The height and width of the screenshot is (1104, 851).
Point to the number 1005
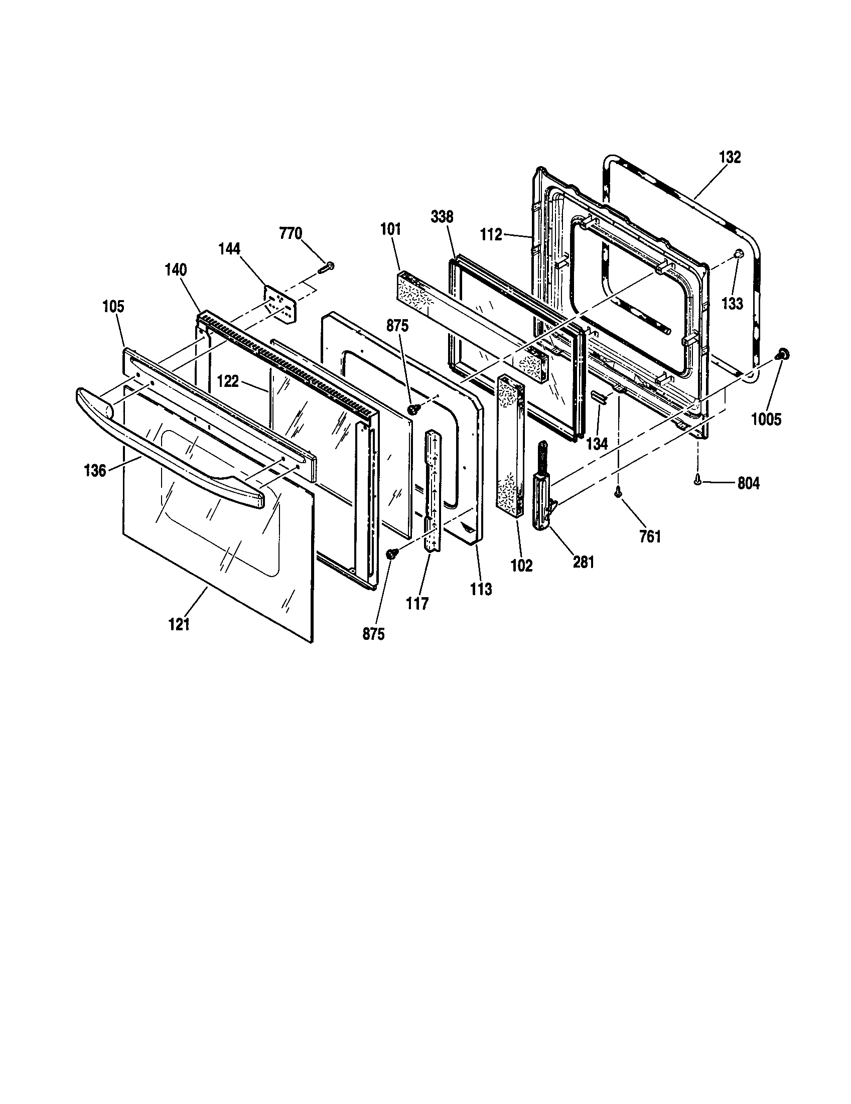coord(766,419)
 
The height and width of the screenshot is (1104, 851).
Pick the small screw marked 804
coord(698,482)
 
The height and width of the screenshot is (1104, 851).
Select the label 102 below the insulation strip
coord(521,566)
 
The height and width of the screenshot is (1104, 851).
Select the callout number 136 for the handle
coord(95,471)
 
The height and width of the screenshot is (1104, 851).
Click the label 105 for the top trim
coord(113,306)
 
